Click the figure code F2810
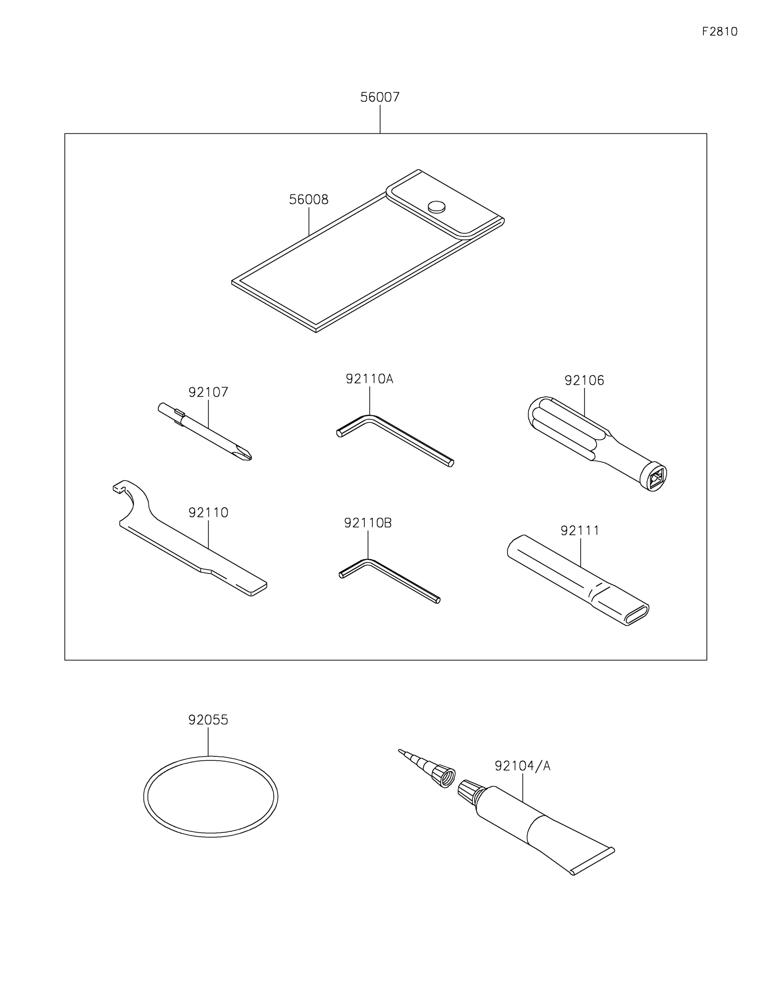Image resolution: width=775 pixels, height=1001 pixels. (x=719, y=32)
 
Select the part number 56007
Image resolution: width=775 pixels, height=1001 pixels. (x=380, y=97)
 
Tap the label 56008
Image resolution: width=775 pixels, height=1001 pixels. (x=309, y=199)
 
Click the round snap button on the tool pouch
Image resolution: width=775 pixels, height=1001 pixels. (x=436, y=207)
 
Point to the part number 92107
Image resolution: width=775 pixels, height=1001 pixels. (x=208, y=392)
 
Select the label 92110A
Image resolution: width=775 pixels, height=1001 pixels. (x=370, y=379)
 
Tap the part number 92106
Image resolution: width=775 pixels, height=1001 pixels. (x=584, y=380)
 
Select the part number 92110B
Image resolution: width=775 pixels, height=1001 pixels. (x=368, y=523)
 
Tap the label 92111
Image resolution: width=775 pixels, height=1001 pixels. (x=580, y=531)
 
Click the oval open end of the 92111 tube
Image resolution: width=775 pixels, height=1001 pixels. (x=637, y=615)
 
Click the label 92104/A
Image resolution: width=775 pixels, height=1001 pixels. (x=522, y=766)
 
